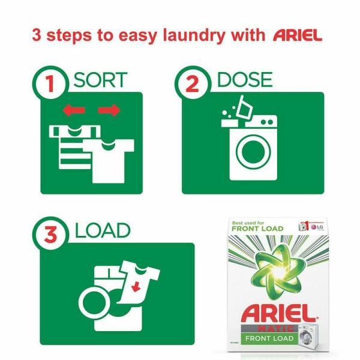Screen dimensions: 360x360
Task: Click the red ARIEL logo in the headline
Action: (x=297, y=35)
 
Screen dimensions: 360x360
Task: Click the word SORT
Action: (x=100, y=80)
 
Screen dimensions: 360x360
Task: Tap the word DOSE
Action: (x=244, y=80)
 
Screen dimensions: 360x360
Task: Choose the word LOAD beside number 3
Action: (x=103, y=230)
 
